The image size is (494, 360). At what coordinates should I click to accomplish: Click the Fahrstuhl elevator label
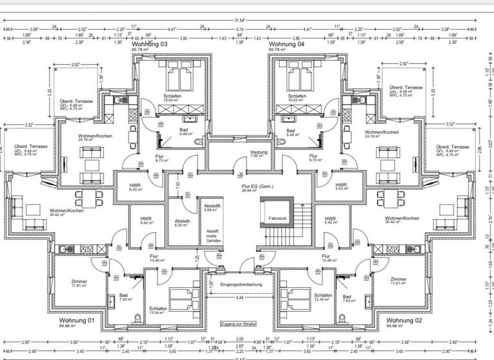(277, 218)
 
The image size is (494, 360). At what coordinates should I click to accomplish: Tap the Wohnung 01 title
(77, 321)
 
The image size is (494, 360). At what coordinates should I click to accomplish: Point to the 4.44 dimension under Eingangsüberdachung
(240, 299)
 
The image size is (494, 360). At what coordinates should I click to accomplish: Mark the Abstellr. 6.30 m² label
(183, 223)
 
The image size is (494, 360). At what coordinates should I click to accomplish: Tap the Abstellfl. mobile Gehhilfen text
(214, 236)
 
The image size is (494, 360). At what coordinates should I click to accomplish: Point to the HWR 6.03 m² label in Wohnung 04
(340, 187)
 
